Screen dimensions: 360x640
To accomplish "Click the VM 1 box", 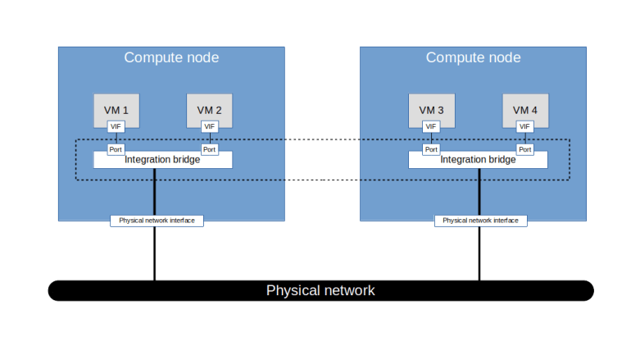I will pyautogui.click(x=116, y=109).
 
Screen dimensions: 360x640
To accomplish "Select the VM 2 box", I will pyautogui.click(x=209, y=109).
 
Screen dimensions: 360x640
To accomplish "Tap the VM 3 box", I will pyautogui.click(x=431, y=109).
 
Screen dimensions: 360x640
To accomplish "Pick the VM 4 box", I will pyautogui.click(x=525, y=109).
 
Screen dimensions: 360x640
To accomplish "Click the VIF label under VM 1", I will pyautogui.click(x=116, y=126).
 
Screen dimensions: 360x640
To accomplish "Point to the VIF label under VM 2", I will pyautogui.click(x=209, y=126).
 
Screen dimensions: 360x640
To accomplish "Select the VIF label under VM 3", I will pyautogui.click(x=431, y=126).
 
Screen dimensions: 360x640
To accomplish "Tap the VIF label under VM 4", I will pyautogui.click(x=525, y=126).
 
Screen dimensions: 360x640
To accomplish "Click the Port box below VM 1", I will pyautogui.click(x=116, y=149).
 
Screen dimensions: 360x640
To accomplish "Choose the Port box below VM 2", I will pyautogui.click(x=209, y=149).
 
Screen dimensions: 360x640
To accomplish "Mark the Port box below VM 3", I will pyautogui.click(x=431, y=149).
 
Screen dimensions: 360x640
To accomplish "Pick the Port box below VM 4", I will pyautogui.click(x=525, y=149).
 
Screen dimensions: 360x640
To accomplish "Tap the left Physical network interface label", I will pyautogui.click(x=157, y=221).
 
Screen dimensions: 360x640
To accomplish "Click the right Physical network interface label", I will pyautogui.click(x=480, y=221).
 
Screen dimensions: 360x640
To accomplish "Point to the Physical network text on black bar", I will pyautogui.click(x=320, y=290).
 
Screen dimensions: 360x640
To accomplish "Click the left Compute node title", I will pyautogui.click(x=171, y=57).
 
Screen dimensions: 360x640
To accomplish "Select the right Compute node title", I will pyautogui.click(x=473, y=57).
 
